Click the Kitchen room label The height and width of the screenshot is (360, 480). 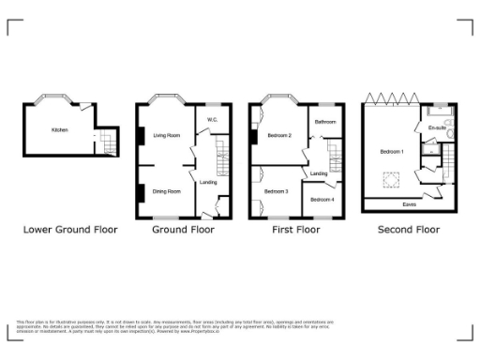(x=59, y=129)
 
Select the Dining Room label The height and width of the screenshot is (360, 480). (x=166, y=190)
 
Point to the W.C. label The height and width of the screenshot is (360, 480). (x=213, y=119)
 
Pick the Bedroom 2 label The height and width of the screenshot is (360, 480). (x=277, y=136)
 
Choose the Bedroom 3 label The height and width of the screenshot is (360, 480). (x=276, y=191)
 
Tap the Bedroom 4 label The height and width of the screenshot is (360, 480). (x=322, y=199)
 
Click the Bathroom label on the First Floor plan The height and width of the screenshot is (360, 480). (x=325, y=123)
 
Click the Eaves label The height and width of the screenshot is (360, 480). (x=409, y=203)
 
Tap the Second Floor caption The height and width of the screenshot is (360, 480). (x=408, y=229)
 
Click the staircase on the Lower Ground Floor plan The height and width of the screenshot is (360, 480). (x=109, y=143)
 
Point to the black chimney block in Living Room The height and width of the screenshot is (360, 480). (x=141, y=136)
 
